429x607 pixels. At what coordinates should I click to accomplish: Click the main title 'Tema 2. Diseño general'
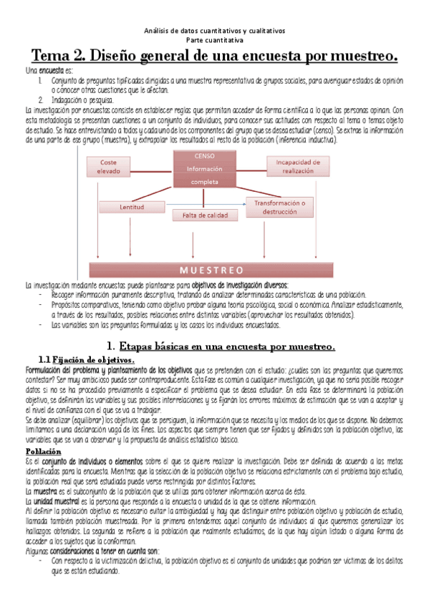pyautogui.click(x=214, y=56)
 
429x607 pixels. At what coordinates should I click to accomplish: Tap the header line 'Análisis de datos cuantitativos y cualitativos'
pyautogui.click(x=214, y=31)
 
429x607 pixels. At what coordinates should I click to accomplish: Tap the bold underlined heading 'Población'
pyautogui.click(x=42, y=453)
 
